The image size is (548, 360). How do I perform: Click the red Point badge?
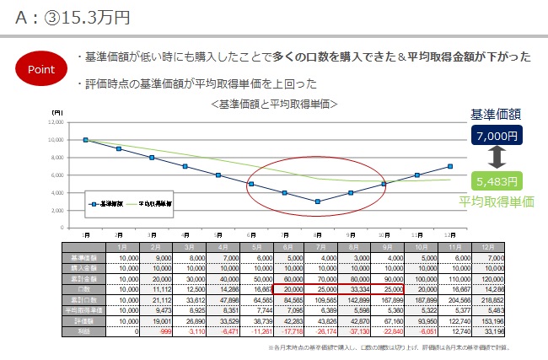coord(41,68)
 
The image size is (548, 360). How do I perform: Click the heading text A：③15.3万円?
coord(71,16)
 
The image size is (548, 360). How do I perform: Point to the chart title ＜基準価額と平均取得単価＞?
coord(276,104)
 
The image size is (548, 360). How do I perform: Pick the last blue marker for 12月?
coord(450,167)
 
